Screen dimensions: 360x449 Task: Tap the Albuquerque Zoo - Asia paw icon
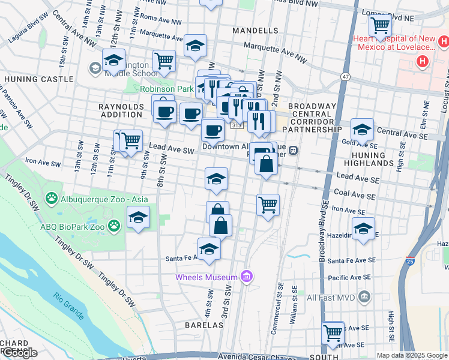(52, 198)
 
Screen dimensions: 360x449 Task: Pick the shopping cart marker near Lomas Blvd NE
(380, 26)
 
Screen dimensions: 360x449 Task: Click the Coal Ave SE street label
(354, 196)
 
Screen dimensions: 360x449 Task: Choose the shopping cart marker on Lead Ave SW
(130, 142)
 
